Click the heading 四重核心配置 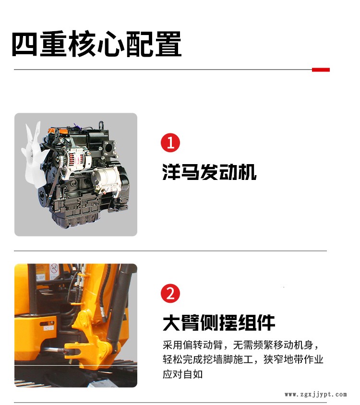[x=96, y=44]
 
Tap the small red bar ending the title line [x=321, y=70]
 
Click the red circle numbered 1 [x=170, y=143]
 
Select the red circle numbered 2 [x=170, y=293]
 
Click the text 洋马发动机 [x=209, y=172]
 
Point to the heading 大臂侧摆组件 [x=218, y=322]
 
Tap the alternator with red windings [x=78, y=160]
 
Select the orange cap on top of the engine [x=61, y=131]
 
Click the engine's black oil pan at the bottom [x=74, y=220]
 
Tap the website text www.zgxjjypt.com [x=315, y=394]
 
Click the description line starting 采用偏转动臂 [x=241, y=345]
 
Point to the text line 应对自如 [x=183, y=374]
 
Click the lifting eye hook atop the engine [x=101, y=126]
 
